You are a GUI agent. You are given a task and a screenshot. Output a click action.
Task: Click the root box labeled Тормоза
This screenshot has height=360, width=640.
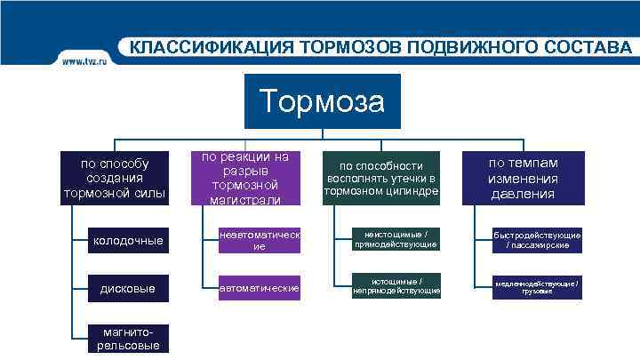pyautogui.click(x=322, y=101)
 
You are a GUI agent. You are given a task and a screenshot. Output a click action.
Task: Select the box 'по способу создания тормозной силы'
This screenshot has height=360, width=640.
pyautogui.click(x=115, y=179)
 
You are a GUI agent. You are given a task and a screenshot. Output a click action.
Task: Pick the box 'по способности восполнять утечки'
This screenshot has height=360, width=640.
pyautogui.click(x=381, y=179)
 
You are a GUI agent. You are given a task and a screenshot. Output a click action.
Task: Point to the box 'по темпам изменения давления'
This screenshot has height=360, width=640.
pyautogui.click(x=524, y=179)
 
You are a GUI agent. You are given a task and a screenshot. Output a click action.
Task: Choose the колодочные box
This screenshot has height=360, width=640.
pyautogui.click(x=130, y=240)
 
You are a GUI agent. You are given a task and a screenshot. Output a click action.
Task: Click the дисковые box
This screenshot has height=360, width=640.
pyautogui.click(x=130, y=288)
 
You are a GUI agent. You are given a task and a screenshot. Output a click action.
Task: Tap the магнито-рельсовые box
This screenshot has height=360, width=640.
pyautogui.click(x=130, y=339)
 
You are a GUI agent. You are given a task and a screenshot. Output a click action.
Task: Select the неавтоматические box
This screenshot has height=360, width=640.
pyautogui.click(x=260, y=240)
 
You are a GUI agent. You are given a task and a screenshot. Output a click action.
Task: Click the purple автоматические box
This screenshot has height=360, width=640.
pyautogui.click(x=260, y=288)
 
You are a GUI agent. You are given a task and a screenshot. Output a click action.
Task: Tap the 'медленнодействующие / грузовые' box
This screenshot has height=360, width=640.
pyautogui.click(x=537, y=287)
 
